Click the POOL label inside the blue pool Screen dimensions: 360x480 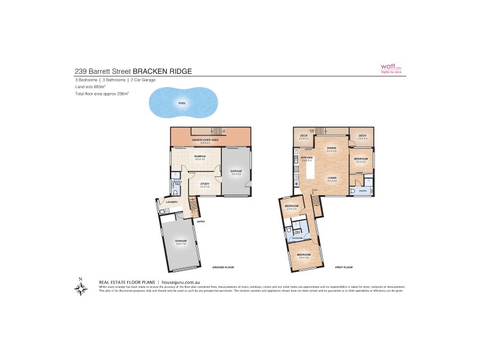coord(182,103)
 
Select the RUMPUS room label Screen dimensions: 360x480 coord(200,156)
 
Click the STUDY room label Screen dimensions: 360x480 coord(205,184)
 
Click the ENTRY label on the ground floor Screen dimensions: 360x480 coord(200,221)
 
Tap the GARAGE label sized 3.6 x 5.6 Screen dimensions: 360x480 coord(236,171)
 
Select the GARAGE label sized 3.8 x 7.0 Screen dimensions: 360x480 coord(181,240)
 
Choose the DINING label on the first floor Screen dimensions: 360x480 coord(331,148)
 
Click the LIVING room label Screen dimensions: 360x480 coord(331,178)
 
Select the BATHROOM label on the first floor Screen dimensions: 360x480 coord(296,238)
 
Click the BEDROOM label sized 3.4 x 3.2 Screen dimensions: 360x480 coord(361,158)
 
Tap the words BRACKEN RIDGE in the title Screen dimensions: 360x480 coord(162,71)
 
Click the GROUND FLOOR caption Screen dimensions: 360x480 coord(223,266)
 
